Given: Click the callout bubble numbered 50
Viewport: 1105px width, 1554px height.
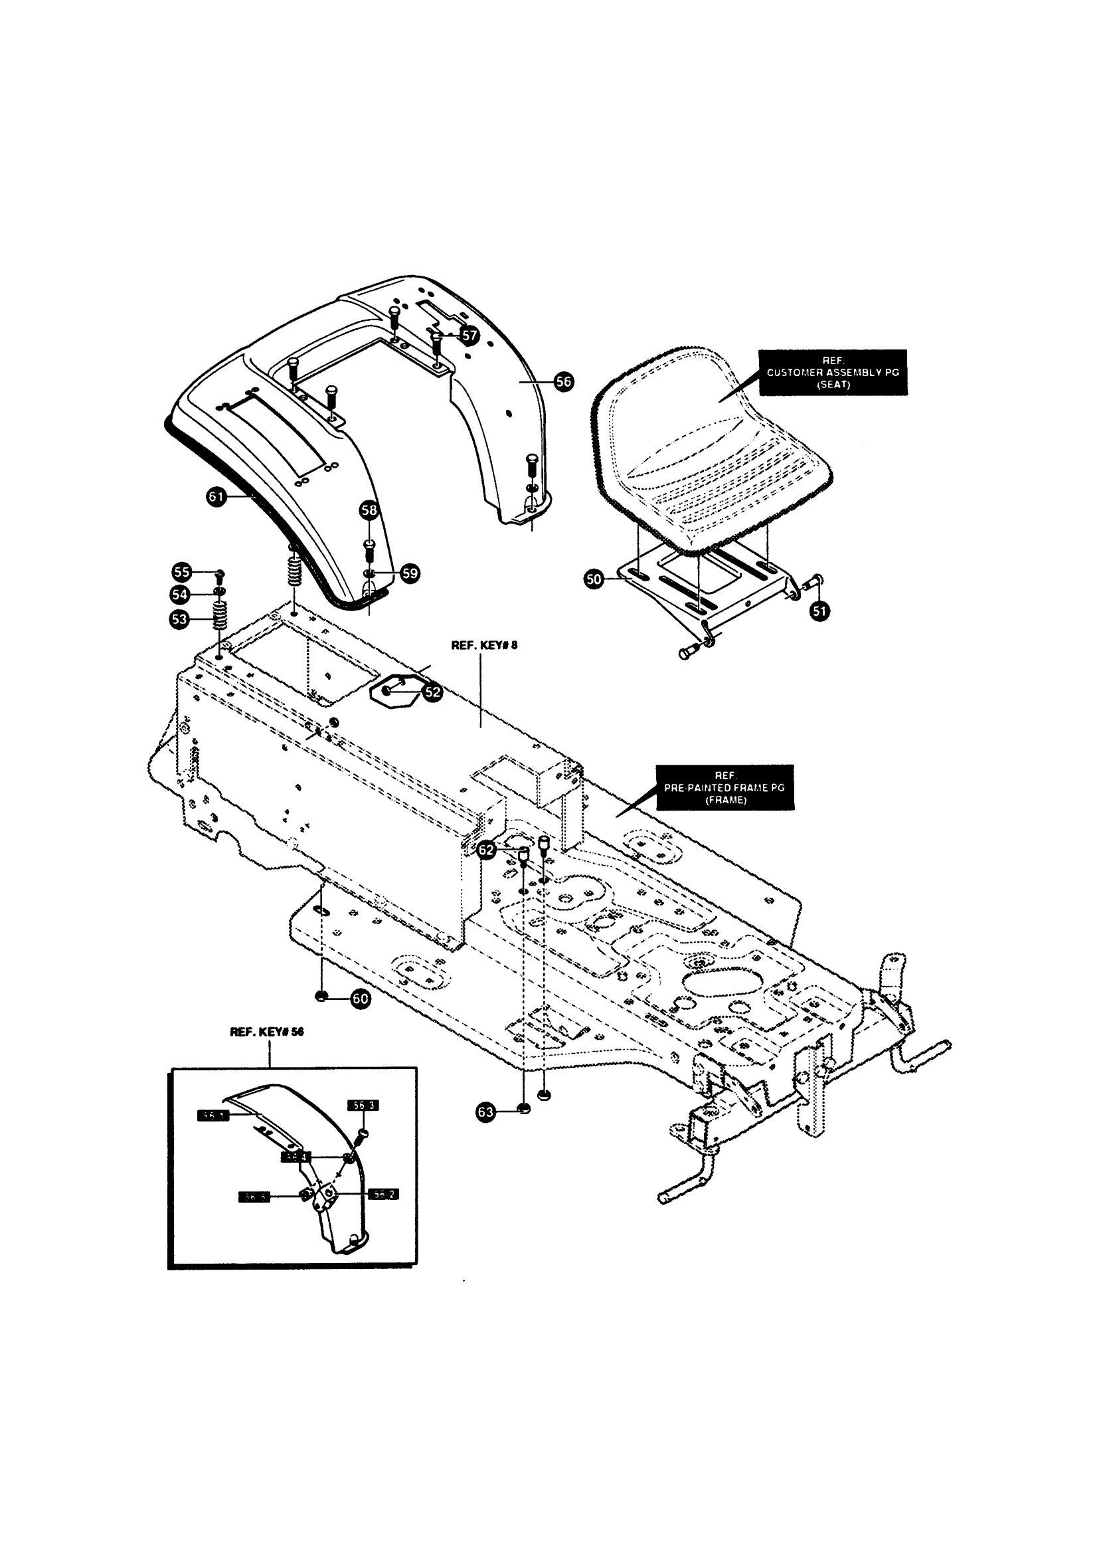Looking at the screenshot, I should [594, 580].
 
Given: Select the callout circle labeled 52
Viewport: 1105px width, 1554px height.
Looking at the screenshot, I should [433, 692].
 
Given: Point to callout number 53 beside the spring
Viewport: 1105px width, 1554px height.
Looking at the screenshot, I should [180, 619].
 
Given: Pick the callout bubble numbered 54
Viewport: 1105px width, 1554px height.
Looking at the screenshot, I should [180, 594].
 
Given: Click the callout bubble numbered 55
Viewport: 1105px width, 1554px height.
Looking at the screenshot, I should [181, 572].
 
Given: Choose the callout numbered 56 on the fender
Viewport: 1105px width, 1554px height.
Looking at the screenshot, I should [563, 382].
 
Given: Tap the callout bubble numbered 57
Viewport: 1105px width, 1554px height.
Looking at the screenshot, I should [469, 335].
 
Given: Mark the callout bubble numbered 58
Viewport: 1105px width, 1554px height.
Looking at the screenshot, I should [369, 510].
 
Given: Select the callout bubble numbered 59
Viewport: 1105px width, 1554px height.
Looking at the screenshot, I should [410, 573].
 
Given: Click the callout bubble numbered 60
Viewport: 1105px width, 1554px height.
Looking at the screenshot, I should [360, 999].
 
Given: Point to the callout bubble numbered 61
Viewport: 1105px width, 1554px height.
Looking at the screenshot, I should [216, 497].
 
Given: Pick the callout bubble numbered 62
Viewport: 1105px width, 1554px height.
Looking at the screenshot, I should [487, 850].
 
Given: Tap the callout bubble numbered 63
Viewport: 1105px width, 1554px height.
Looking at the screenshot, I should [486, 1112].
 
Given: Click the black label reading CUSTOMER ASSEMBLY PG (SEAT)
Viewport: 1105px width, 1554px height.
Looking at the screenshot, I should [833, 372].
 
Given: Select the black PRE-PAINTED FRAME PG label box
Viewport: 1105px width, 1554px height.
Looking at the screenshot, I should [724, 787].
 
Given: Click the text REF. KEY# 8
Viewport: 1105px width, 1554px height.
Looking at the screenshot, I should [484, 645].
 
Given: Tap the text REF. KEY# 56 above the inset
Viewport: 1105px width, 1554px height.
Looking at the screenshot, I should [267, 1031].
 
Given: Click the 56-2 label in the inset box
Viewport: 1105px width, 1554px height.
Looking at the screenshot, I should [383, 1194].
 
